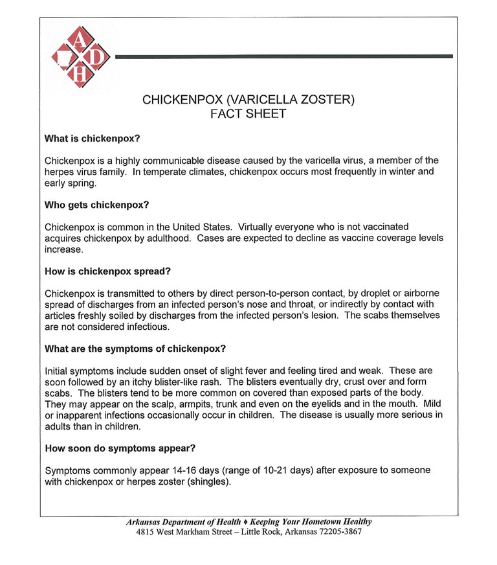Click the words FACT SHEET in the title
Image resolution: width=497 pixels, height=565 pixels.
pos(248,114)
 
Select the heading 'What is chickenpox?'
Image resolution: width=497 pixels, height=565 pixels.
pos(92,139)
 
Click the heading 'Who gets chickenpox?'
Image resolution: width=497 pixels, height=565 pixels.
pos(96,205)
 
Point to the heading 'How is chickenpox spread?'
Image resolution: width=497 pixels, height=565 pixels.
pos(107,271)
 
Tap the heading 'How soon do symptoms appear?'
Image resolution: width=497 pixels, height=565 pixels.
pos(120,448)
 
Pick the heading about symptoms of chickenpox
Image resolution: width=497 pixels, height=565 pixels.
pos(135,349)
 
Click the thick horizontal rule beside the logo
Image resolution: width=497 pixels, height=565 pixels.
pos(282,57)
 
